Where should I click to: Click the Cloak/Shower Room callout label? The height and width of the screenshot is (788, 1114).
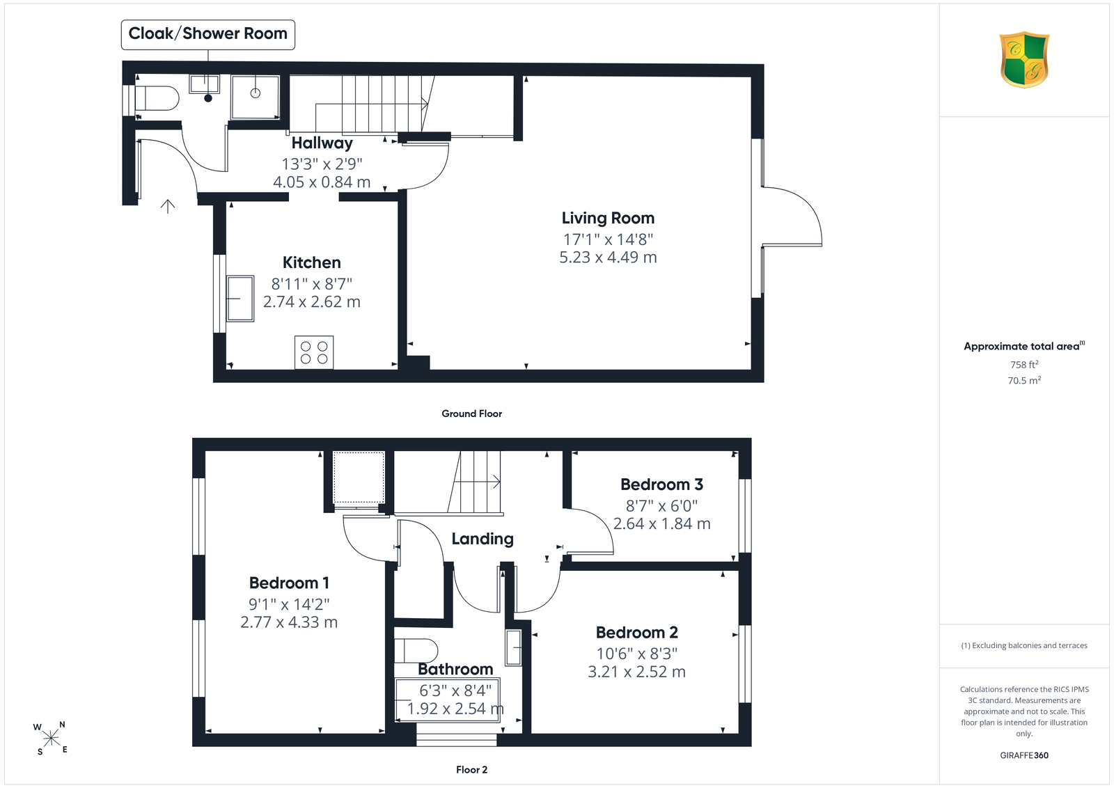pos(208,34)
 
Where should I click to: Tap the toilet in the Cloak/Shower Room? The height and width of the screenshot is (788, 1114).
pos(157,98)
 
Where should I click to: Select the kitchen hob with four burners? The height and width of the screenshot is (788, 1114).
pos(314,352)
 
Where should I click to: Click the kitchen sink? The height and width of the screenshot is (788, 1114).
pos(240,299)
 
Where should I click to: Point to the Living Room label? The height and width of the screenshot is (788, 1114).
pos(608,219)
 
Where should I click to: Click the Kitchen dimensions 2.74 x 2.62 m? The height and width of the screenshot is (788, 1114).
pos(312,302)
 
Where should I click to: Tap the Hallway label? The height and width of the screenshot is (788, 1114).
pos(322,143)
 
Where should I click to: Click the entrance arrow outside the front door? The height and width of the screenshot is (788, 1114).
pos(168,206)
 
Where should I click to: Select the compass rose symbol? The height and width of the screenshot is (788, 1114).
pos(51,739)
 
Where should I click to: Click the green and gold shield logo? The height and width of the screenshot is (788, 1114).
pos(1024,60)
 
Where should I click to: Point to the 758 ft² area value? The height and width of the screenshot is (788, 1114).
pos(1024,365)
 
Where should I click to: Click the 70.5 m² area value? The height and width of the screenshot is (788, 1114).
pos(1024,380)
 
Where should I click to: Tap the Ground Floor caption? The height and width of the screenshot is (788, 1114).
pos(471,413)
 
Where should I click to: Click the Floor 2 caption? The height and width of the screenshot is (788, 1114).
pos(471,770)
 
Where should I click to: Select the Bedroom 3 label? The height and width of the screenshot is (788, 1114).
pos(661,484)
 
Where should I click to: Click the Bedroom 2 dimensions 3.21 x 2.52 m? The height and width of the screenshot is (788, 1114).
pos(636,672)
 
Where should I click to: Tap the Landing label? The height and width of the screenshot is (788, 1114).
pos(483,539)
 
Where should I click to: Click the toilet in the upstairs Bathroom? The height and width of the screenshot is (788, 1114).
pos(416,651)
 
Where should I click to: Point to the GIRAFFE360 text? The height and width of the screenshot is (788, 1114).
pos(1024,755)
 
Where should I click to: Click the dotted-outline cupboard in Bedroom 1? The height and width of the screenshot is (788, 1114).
pos(358,478)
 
